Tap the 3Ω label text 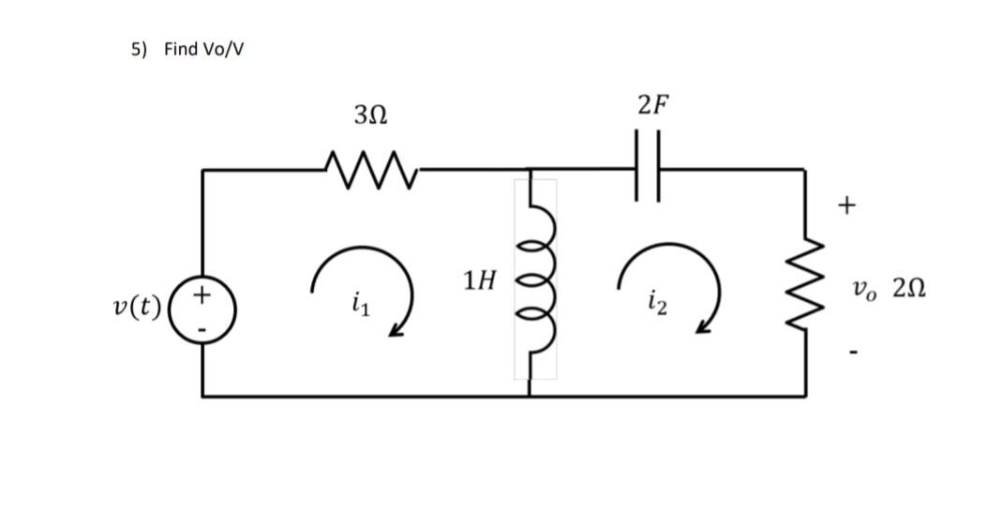click(x=370, y=115)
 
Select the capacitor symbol click(x=649, y=171)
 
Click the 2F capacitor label click(x=653, y=104)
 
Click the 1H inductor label click(x=479, y=279)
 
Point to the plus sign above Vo click(x=847, y=204)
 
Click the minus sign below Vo click(x=853, y=353)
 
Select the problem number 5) click(x=139, y=49)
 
